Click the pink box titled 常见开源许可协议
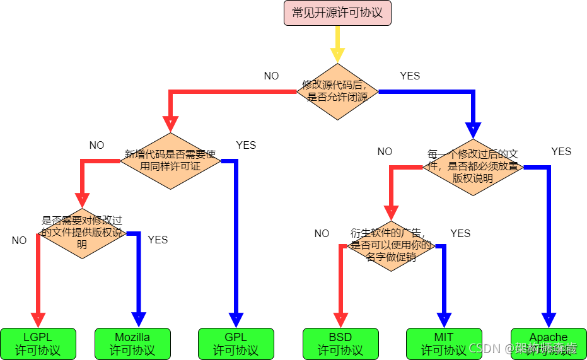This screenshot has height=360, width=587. tap(337, 13)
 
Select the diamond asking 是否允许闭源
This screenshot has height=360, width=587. tap(337, 91)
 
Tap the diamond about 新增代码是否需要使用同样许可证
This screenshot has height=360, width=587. tap(170, 161)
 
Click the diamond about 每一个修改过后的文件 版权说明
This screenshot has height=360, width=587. tap(473, 167)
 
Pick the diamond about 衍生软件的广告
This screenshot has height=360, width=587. tap(391, 246)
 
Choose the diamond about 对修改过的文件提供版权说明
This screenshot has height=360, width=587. tap(82, 233)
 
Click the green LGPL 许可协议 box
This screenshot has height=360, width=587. tap(38, 344)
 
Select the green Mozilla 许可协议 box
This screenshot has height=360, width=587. tap(132, 344)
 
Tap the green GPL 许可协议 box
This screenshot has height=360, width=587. tap(236, 344)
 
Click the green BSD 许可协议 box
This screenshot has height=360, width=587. tap(340, 344)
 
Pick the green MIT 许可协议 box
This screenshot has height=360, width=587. tap(444, 344)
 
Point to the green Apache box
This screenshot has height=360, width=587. tap(548, 344)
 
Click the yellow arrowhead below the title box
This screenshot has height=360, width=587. tap(337, 55)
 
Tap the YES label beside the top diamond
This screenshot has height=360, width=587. tap(410, 76)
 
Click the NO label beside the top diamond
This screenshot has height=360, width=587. tap(271, 76)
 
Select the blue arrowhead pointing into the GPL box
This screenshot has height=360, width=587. tap(236, 320)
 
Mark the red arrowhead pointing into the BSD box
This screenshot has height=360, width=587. tap(340, 320)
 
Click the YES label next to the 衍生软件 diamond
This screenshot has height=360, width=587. tap(460, 233)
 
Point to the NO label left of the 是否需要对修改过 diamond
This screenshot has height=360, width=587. tap(19, 240)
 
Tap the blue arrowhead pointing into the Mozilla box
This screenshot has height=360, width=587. tap(138, 320)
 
